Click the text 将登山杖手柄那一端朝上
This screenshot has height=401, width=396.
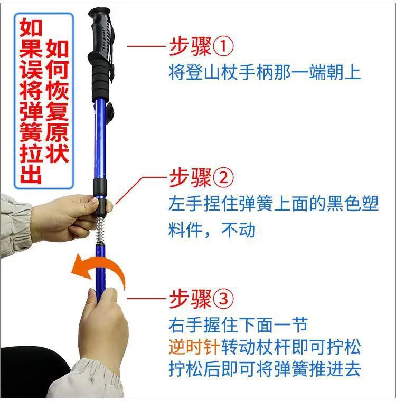(x=264, y=72)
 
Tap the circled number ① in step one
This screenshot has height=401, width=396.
(x=223, y=47)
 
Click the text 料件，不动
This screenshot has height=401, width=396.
(x=211, y=230)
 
